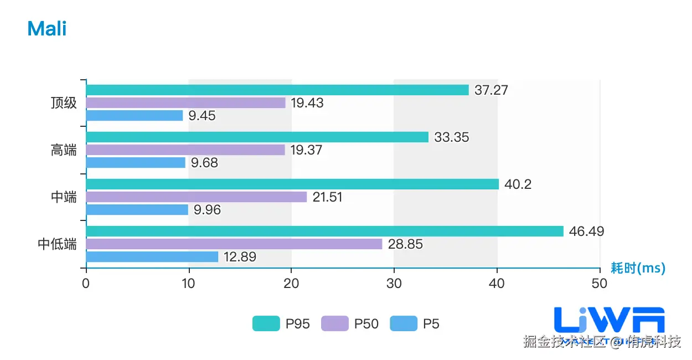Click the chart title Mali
click(47, 28)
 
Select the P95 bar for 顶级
click(277, 90)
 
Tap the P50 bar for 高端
click(185, 150)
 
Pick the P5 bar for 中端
click(137, 209)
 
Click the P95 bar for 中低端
click(324, 231)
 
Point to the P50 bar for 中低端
click(234, 244)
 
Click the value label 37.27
click(491, 90)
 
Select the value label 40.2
click(518, 184)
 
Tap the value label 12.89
click(240, 257)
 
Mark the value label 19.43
click(307, 103)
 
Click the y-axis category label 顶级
click(64, 103)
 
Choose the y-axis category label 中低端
click(57, 244)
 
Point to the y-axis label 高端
click(64, 150)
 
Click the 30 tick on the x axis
click(394, 283)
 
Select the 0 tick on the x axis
click(86, 283)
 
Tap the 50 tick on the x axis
click(600, 283)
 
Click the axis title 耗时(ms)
click(638, 268)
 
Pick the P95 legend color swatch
click(266, 323)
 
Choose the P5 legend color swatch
click(404, 323)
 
